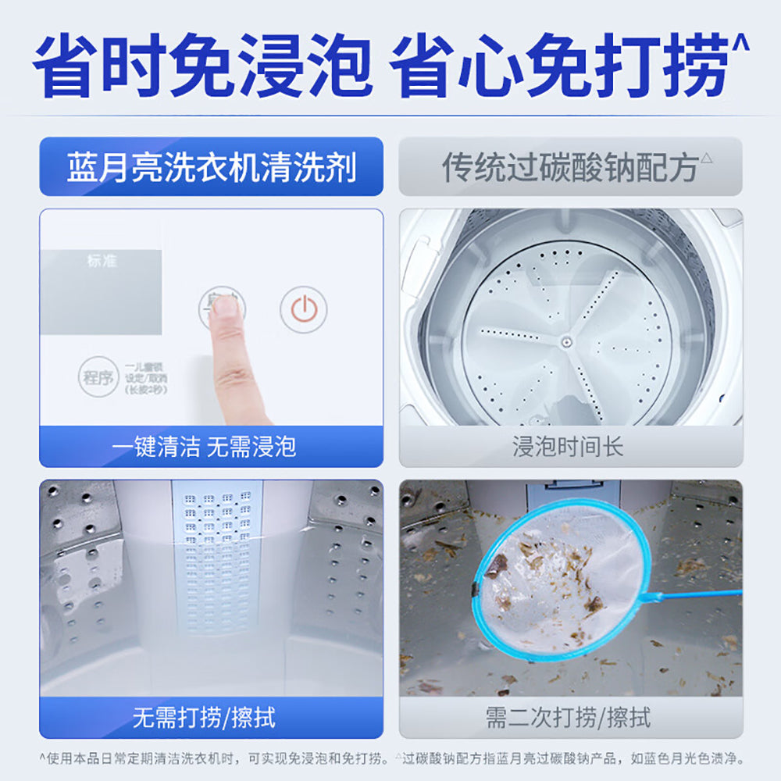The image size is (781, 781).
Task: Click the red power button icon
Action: pos(303,309)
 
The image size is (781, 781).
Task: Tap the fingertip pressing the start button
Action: pos(226,308)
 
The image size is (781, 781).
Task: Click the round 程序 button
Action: pos(98,378)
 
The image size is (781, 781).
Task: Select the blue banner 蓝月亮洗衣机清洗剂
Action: pos(211,167)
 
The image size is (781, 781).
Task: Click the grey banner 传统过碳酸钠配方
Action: pos(570,167)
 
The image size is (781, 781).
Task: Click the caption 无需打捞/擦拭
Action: pos(204,717)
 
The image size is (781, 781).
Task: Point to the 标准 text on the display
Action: pos(102,261)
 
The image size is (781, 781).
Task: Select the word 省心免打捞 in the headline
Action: pos(558,66)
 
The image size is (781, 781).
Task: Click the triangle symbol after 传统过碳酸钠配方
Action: pos(707,157)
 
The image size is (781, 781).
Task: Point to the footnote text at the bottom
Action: pos(390,758)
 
